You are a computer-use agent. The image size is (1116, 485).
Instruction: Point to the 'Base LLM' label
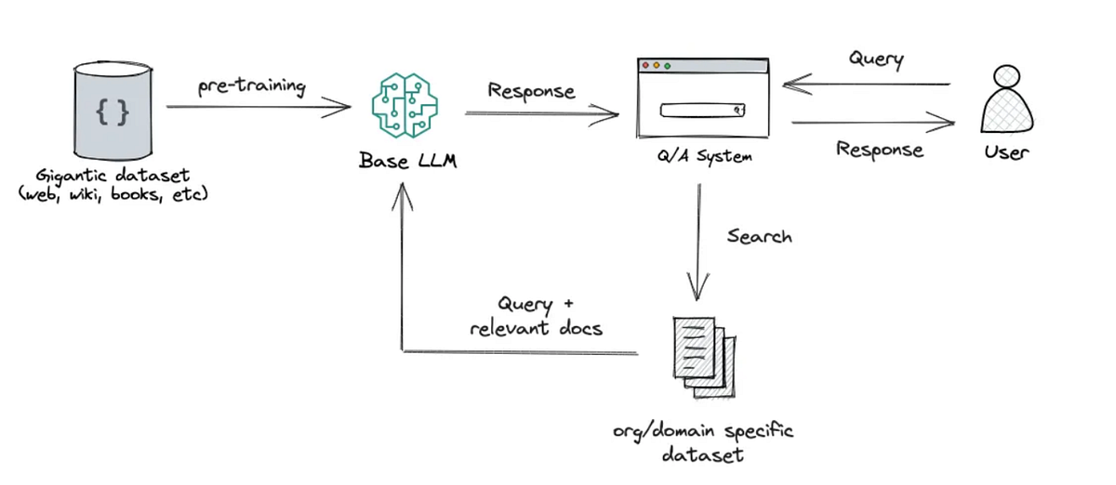pyautogui.click(x=407, y=160)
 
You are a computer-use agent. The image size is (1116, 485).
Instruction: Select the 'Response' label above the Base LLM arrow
pyautogui.click(x=531, y=91)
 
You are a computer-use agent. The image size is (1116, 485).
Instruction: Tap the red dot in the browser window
pyautogui.click(x=644, y=66)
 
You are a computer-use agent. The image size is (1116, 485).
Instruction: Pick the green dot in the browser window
pyautogui.click(x=667, y=66)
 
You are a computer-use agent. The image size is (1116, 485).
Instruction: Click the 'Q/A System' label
pyautogui.click(x=703, y=156)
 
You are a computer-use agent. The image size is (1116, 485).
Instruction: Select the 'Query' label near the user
pyautogui.click(x=875, y=59)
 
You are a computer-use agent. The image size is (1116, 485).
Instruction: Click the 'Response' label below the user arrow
pyautogui.click(x=879, y=149)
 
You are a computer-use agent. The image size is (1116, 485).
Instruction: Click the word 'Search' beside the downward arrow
pyautogui.click(x=759, y=236)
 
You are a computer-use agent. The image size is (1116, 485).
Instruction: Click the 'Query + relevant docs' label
pyautogui.click(x=536, y=316)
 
